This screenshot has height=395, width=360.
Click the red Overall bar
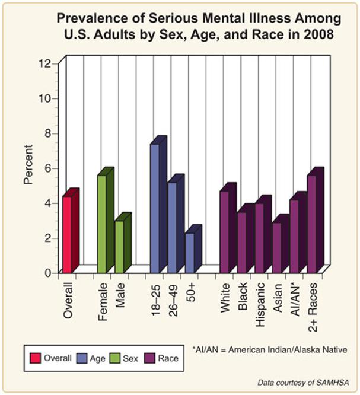68,234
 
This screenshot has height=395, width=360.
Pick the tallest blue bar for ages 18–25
155,208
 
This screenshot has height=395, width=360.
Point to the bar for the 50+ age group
190,252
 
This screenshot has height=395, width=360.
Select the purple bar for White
224,231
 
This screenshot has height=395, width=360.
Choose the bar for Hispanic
259,238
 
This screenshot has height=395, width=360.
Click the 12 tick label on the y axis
45,63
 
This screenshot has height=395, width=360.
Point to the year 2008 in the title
318,34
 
